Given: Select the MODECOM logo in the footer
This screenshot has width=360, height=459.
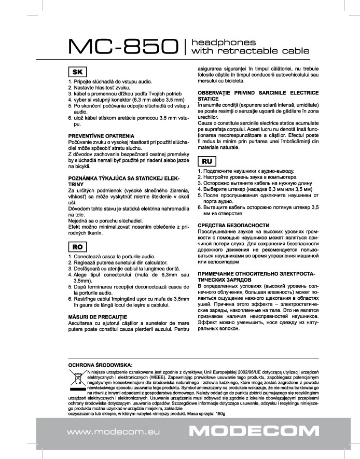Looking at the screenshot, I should point(254,431).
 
